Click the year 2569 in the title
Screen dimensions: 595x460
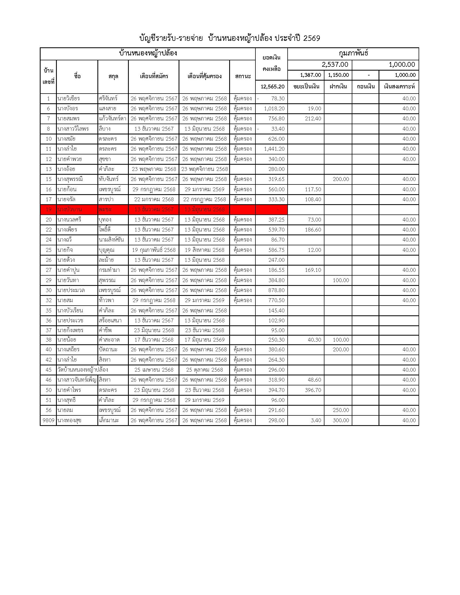311,38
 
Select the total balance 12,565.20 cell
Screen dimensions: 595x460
272,87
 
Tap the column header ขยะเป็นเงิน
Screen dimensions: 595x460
306,87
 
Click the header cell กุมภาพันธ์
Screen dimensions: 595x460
353,53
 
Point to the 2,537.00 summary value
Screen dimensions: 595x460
335,65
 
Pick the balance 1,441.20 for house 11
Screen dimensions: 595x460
274,149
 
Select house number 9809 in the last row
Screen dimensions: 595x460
48,420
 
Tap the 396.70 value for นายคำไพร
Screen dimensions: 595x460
313,390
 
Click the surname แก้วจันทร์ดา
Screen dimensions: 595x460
113,118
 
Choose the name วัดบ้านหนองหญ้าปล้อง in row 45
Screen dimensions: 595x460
83,370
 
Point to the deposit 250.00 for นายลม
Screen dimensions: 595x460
341,410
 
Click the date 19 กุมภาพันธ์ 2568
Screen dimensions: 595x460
154,250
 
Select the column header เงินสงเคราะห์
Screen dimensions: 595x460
399,87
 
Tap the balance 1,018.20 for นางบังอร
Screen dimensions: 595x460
274,108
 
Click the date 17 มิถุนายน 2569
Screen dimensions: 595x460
204,340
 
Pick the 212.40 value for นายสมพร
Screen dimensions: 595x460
313,118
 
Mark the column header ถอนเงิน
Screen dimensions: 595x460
366,87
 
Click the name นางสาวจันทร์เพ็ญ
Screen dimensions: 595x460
77,380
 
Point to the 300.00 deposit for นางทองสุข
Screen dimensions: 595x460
341,420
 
